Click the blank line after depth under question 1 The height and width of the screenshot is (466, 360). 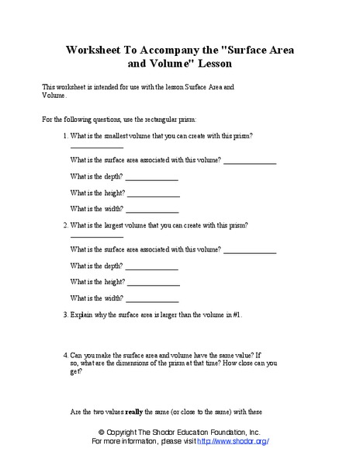152,180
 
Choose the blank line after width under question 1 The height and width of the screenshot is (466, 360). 152,211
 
